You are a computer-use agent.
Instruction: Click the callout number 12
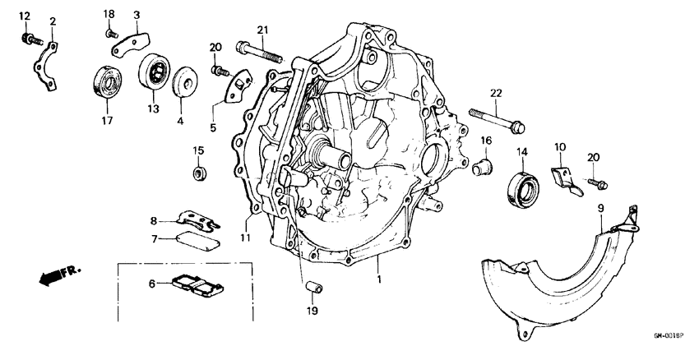pos(24,17)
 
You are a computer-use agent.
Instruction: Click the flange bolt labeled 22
pos(498,118)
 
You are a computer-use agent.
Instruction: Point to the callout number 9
pos(600,208)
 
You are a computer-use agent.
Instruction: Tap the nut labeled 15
pos(198,173)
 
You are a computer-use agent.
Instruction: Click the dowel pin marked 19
pos(312,287)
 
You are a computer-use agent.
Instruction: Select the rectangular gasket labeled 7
pos(198,240)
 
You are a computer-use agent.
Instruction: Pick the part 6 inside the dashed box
pos(198,284)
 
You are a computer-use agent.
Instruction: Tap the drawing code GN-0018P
pos(670,336)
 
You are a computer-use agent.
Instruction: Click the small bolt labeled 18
pos(110,32)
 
